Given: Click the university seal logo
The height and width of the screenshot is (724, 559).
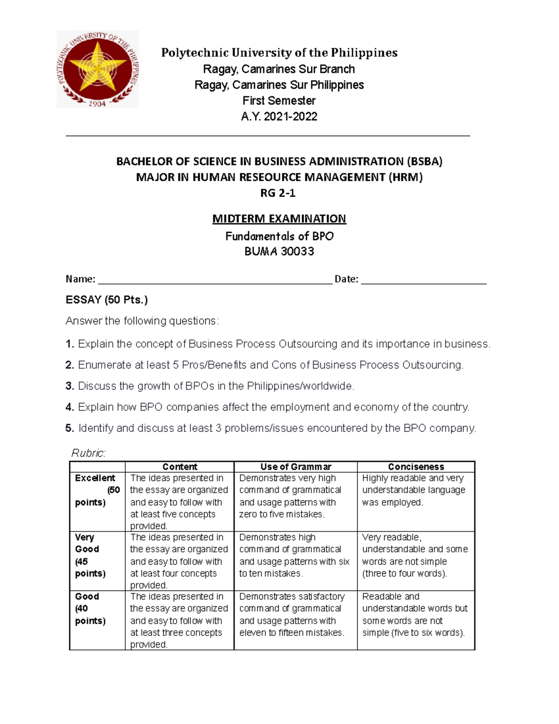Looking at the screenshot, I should click(97, 69).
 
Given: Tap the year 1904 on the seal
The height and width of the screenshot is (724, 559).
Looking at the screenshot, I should click(97, 103).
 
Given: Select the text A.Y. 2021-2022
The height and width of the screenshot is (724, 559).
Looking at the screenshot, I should click(279, 117).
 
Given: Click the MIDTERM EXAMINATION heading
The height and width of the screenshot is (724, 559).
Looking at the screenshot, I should click(279, 219).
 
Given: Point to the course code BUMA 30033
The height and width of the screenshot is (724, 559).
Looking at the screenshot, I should click(279, 252).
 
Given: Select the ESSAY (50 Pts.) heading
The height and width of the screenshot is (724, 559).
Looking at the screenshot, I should click(107, 300).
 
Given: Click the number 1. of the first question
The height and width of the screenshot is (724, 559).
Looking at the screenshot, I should click(70, 344).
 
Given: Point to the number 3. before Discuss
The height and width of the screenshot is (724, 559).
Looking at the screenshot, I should click(70, 386).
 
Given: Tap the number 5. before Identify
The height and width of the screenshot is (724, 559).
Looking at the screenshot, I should click(70, 428).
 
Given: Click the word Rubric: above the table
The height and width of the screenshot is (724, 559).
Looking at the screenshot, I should click(89, 453).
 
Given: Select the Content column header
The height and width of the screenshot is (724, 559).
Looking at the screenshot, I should click(180, 467).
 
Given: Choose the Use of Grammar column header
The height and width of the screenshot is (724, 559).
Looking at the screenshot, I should click(295, 467).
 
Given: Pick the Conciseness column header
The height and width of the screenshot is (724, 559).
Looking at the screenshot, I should click(416, 467).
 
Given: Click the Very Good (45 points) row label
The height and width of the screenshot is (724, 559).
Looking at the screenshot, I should click(90, 555).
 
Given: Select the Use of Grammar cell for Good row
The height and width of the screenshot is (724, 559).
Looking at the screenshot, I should click(292, 614).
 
